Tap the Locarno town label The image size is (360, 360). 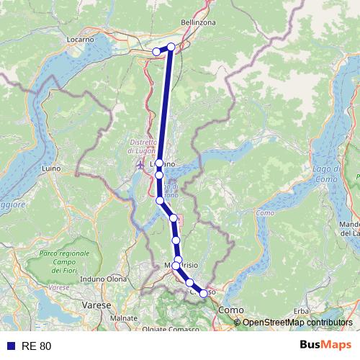pyautogui.click(x=81, y=38)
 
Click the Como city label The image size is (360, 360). pyautogui.click(x=228, y=309)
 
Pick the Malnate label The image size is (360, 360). pyautogui.click(x=125, y=318)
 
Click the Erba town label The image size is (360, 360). pyautogui.click(x=301, y=310)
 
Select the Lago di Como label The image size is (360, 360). pyautogui.click(x=326, y=173)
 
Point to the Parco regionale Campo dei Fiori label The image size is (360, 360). pyautogui.click(x=65, y=264)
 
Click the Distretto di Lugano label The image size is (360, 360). pyautogui.click(x=142, y=146)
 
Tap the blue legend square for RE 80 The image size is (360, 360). pyautogui.click(x=10, y=346)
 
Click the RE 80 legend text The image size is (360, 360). pyautogui.click(x=37, y=346)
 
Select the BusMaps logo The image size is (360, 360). pyautogui.click(x=326, y=346)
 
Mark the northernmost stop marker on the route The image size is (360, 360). pyautogui.click(x=171, y=48)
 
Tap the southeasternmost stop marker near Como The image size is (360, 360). pyautogui.click(x=203, y=293)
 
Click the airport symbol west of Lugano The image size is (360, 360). pyautogui.click(x=140, y=167)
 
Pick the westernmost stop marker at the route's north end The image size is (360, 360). pyautogui.click(x=156, y=51)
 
